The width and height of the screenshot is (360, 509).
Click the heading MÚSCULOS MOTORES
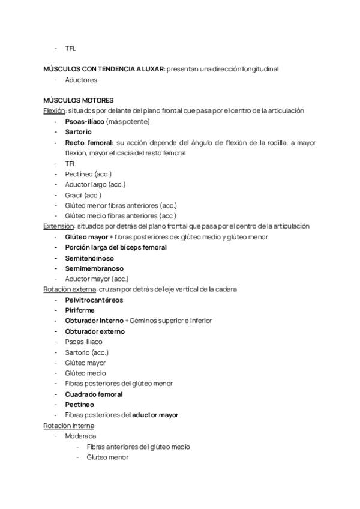[x=79, y=100]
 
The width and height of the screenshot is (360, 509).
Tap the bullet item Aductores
[x=81, y=80]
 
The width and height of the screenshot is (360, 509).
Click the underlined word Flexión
[x=55, y=111]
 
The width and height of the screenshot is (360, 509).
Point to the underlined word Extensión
[x=58, y=226]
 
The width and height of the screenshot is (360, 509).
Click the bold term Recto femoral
[x=88, y=143]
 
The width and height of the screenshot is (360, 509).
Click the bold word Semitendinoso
[x=89, y=258]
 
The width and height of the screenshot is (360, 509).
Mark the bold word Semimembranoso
[x=94, y=268]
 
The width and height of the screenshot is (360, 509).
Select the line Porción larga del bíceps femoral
[x=116, y=247]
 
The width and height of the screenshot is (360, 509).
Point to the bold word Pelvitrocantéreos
[x=94, y=300]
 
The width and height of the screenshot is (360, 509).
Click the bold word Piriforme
[x=80, y=310]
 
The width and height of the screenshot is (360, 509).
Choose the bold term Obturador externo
[x=95, y=331]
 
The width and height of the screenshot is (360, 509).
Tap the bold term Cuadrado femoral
[x=94, y=394]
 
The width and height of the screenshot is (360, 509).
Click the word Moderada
[x=80, y=436]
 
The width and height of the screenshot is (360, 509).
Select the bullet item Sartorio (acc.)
[x=86, y=352]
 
